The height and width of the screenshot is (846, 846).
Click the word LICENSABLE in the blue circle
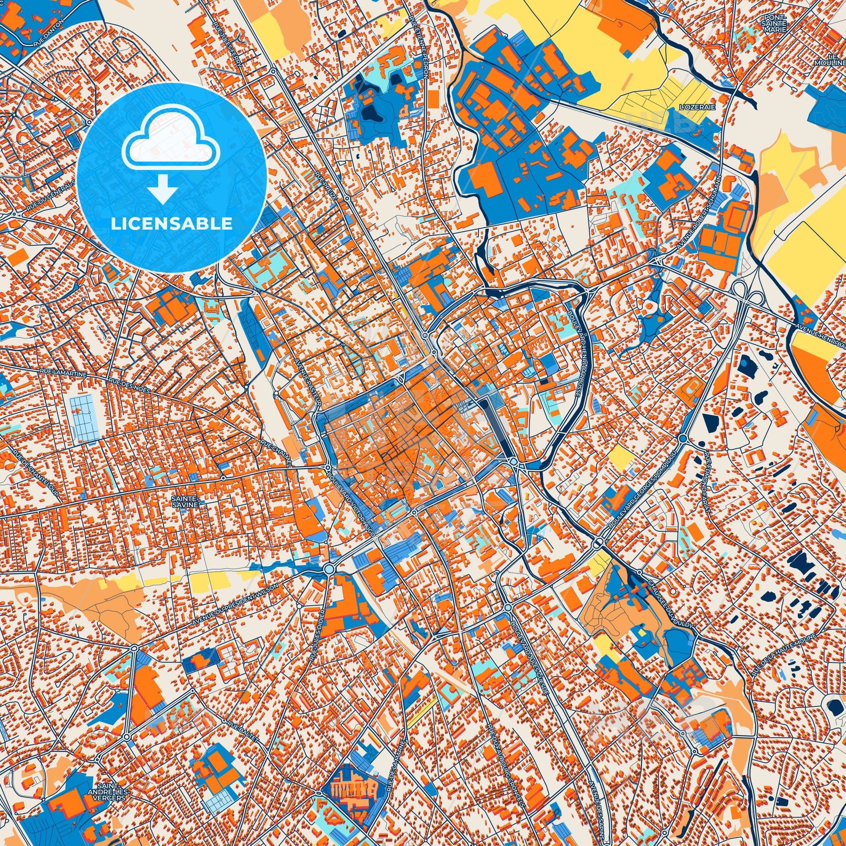pyautogui.click(x=171, y=224)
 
